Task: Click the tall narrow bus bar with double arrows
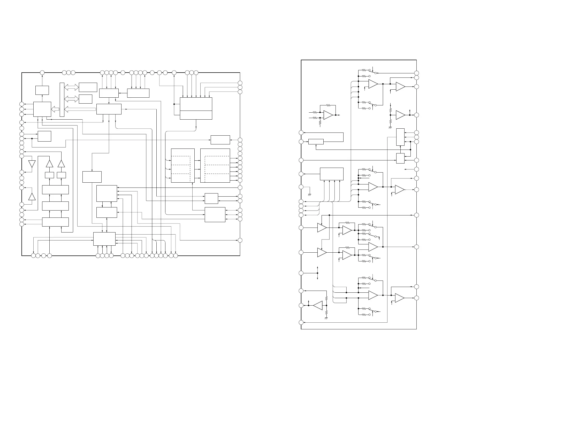click(x=62, y=100)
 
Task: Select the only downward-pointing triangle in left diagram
click(x=32, y=164)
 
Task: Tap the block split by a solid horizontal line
click(x=196, y=108)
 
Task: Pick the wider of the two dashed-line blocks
click(x=215, y=166)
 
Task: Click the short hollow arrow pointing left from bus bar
click(x=55, y=109)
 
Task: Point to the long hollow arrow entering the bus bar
click(x=80, y=109)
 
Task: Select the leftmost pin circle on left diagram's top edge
click(x=42, y=73)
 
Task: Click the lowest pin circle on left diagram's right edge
click(x=240, y=240)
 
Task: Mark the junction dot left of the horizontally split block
click(x=174, y=104)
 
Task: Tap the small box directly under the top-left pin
click(x=42, y=90)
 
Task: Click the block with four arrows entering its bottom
click(x=332, y=174)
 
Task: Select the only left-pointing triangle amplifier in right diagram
click(x=318, y=306)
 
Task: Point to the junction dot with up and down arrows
click(x=317, y=273)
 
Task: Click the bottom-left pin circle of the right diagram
click(x=301, y=323)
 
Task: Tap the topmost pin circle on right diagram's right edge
click(x=416, y=73)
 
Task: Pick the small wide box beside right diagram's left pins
click(x=316, y=142)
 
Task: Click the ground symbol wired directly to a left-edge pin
click(x=310, y=195)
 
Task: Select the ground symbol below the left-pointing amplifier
click(x=326, y=318)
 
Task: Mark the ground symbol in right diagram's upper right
click(x=390, y=127)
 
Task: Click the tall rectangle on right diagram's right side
click(x=400, y=137)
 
